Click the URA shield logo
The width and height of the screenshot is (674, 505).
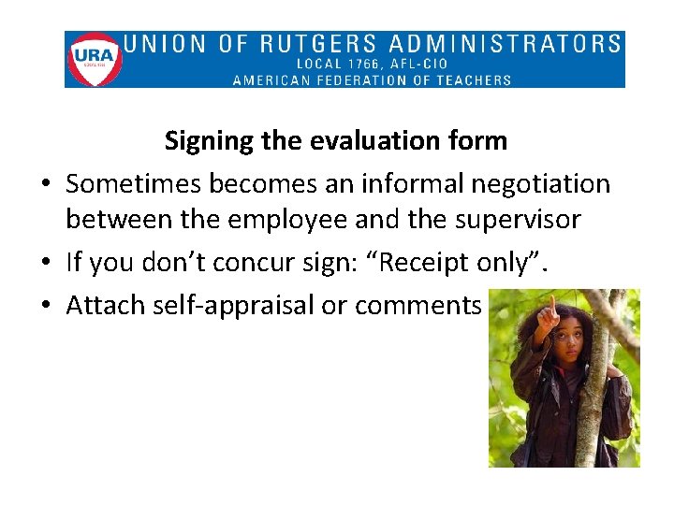95,59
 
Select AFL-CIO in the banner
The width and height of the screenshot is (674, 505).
419,64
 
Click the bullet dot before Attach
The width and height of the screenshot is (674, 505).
45,306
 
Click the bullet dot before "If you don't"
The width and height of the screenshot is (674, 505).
45,263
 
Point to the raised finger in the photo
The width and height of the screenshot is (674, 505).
554,306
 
